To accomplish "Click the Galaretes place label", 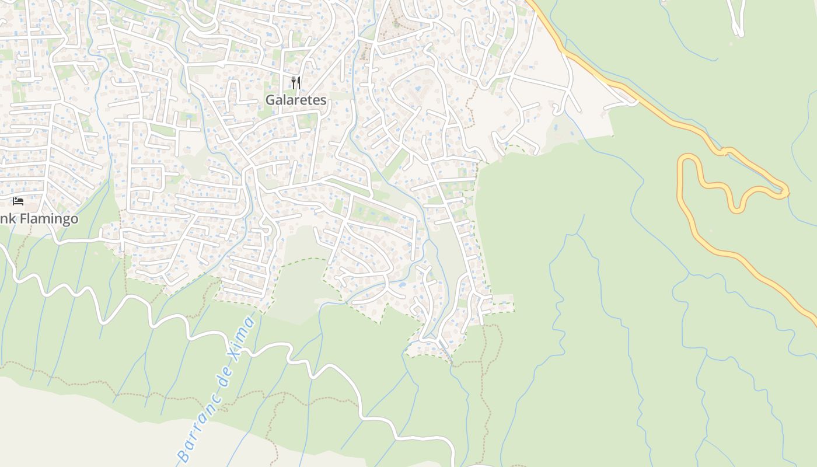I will click(x=296, y=100).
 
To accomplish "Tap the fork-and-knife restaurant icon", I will click(x=296, y=83).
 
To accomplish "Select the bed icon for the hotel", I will click(x=18, y=201).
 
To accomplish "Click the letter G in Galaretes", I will click(x=271, y=100).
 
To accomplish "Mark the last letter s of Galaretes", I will click(x=323, y=100).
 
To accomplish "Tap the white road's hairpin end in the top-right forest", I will click(x=739, y=33).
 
